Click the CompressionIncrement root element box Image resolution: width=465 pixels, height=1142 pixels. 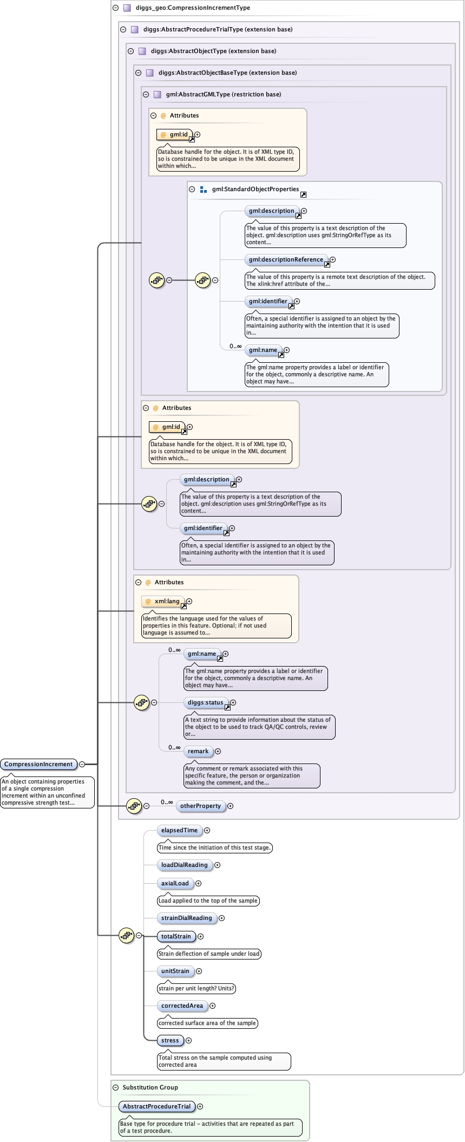coord(38,765)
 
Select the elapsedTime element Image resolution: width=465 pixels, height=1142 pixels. coord(179,831)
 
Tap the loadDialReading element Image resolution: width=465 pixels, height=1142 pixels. coord(184,865)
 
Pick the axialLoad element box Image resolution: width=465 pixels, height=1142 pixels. coord(175,884)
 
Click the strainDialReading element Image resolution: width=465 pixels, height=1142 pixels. coord(186,918)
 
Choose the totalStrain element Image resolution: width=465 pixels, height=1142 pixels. coord(176,937)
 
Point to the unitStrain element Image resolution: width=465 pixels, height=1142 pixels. coord(175,971)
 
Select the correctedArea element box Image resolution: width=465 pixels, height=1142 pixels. coord(182,1006)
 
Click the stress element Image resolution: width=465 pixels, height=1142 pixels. coord(170,1041)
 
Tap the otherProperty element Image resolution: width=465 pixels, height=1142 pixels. coord(200,806)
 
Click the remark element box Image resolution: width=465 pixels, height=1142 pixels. coord(198,752)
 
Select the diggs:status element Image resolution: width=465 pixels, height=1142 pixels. coord(205,703)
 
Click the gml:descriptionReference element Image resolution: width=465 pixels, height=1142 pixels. coord(286,260)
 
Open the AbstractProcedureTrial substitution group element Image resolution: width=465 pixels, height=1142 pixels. coord(156,1107)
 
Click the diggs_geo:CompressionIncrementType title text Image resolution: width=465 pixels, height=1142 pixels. coord(193,8)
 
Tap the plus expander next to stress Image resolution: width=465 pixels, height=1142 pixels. coord(189,1041)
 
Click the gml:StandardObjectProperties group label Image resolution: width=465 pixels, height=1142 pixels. coord(255,190)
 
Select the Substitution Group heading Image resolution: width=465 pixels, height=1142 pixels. coord(150,1087)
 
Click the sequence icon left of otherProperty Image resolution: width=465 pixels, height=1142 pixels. coord(134,806)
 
